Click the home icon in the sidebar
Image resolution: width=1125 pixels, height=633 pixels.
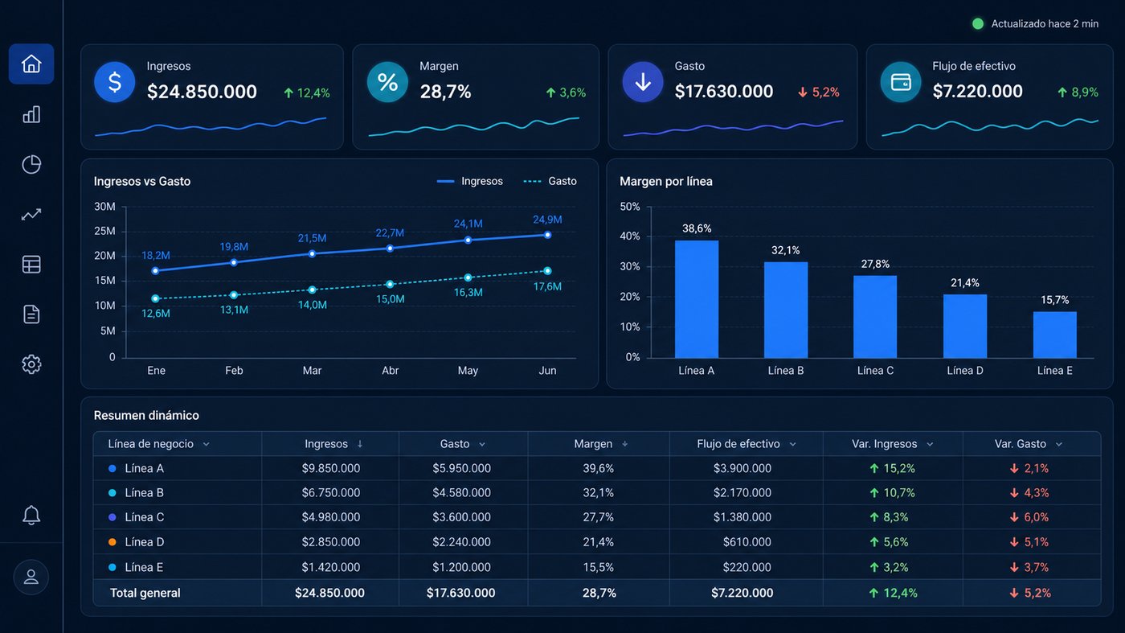tap(31, 64)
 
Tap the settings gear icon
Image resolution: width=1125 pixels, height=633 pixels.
tap(31, 364)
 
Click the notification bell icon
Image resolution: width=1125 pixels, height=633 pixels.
tap(31, 515)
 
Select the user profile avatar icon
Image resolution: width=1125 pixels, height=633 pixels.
tap(31, 577)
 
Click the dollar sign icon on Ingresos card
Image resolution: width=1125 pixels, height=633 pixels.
tap(114, 82)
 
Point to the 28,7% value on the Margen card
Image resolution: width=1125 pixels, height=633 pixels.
tap(445, 92)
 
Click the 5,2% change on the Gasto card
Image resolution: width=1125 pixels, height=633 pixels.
tap(819, 92)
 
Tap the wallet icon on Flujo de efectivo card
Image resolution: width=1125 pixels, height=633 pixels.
tap(901, 82)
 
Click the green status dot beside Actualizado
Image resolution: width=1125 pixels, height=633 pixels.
tap(978, 23)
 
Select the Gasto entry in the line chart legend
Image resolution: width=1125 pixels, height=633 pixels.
tap(550, 181)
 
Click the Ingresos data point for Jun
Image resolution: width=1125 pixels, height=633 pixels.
tap(547, 235)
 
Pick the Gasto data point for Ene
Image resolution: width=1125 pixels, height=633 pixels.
tap(156, 298)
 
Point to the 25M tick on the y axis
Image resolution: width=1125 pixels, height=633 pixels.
tap(104, 232)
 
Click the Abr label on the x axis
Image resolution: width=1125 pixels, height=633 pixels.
tap(391, 371)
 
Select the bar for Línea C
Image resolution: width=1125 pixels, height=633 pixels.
tap(875, 316)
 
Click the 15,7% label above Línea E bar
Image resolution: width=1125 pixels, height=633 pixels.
tap(1054, 300)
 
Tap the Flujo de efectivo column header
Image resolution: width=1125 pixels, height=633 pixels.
tap(738, 444)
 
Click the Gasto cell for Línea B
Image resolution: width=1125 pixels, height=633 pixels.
tap(461, 493)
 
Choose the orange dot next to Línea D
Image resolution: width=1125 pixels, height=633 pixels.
tap(112, 542)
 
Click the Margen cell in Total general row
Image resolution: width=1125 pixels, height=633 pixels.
tap(599, 594)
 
